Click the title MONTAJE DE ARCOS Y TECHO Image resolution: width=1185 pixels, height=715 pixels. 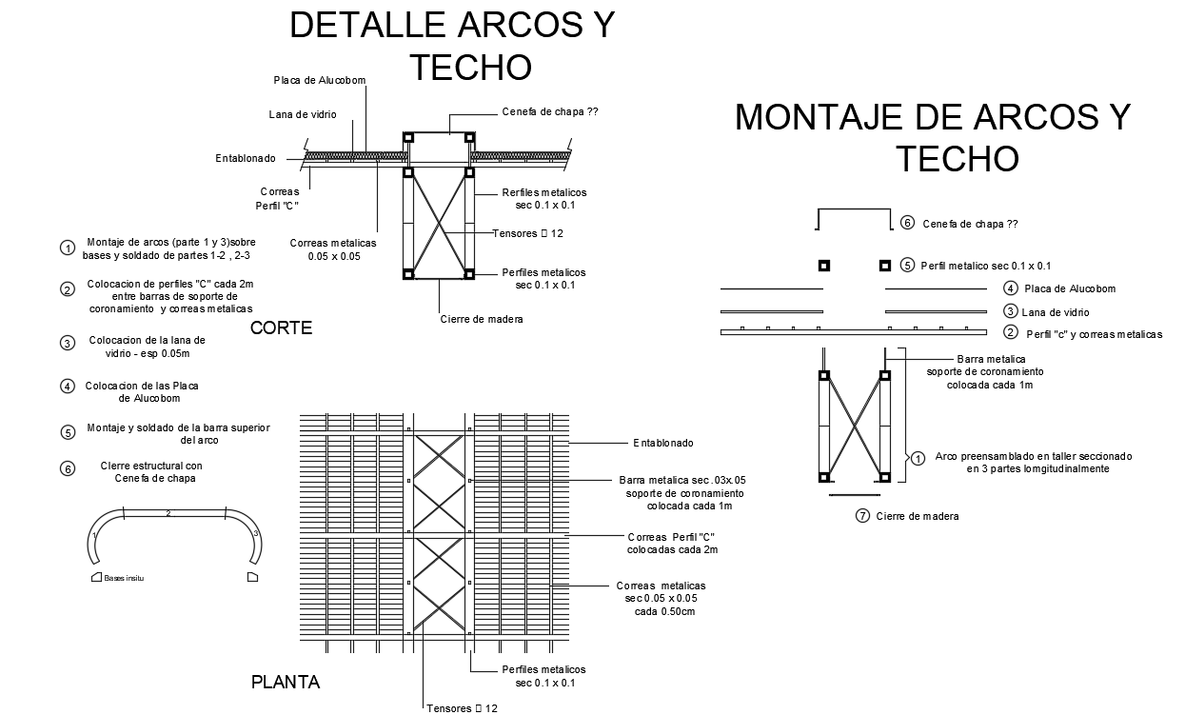point(933,136)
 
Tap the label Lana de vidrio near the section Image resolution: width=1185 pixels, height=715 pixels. point(303,115)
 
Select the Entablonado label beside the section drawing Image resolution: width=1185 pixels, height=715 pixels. point(246,158)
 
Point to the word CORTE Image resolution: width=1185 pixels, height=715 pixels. point(281,328)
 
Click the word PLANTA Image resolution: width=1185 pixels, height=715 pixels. point(286,682)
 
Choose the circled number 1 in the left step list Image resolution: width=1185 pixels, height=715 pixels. point(68,248)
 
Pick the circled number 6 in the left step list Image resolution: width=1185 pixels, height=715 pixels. point(68,469)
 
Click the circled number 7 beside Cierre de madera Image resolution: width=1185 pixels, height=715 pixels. point(862,516)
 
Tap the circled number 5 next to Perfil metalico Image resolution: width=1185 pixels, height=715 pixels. point(907,266)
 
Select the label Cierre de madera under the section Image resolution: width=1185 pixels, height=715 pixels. point(482,319)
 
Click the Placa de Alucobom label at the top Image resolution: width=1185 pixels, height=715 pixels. point(320,80)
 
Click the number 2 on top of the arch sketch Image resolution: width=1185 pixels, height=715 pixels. point(168,514)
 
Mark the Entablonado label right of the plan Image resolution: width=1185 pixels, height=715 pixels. point(663,443)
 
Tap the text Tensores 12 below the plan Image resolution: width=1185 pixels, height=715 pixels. point(462,707)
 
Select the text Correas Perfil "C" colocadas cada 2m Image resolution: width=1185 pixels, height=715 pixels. point(671,543)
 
